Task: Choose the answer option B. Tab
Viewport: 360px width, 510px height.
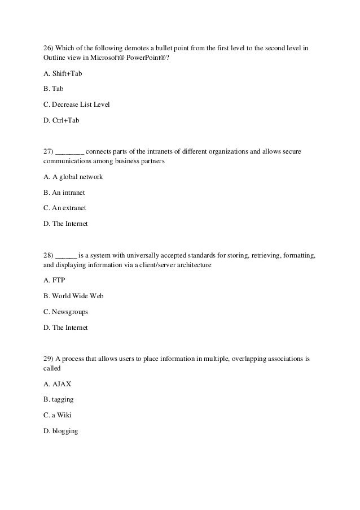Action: [54, 89]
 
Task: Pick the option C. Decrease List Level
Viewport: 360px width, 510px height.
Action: [76, 104]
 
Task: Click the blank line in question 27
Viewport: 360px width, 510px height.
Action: [71, 152]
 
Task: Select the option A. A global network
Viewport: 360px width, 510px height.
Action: [73, 177]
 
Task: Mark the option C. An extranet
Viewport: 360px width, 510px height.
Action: [65, 207]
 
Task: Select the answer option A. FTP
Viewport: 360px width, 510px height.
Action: [55, 281]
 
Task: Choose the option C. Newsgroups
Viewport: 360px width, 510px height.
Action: [66, 311]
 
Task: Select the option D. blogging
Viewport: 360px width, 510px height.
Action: [61, 431]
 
